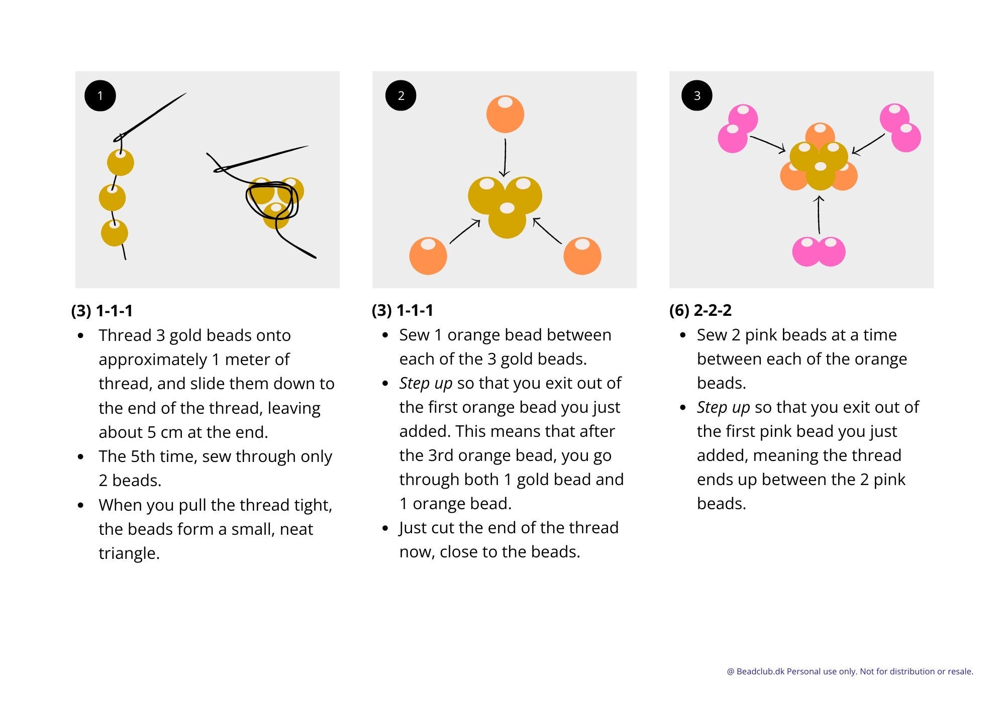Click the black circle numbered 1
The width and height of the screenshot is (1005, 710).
click(x=100, y=95)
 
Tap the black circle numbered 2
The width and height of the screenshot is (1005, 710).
click(x=400, y=95)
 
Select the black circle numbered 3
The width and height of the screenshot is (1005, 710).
click(x=696, y=95)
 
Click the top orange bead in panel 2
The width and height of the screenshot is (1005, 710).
click(x=505, y=114)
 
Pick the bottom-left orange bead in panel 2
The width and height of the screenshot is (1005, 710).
click(x=428, y=256)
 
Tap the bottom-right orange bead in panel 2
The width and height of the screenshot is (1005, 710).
click(x=582, y=256)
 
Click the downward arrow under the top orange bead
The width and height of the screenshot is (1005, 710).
click(x=505, y=158)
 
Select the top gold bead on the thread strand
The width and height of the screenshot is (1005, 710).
click(x=121, y=162)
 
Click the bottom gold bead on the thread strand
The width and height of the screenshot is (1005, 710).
click(x=115, y=232)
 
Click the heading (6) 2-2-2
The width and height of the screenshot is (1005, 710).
click(x=700, y=310)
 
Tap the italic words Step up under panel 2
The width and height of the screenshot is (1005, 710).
click(x=426, y=383)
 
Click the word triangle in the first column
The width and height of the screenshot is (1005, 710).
click(x=129, y=553)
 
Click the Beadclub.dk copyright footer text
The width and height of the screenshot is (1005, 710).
click(x=850, y=671)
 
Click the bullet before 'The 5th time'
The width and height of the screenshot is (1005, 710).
click(x=81, y=457)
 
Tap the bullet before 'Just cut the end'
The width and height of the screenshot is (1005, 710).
click(x=385, y=528)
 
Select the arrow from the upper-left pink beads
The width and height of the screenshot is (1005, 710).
click(x=767, y=144)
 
